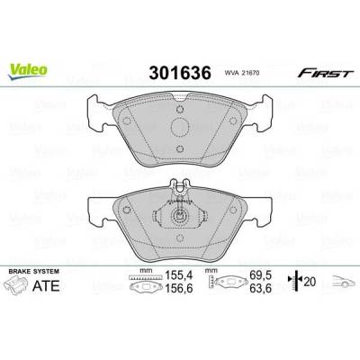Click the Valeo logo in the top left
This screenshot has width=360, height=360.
(x=28, y=71)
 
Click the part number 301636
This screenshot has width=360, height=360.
(x=180, y=73)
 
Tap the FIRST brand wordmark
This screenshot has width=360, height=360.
(x=325, y=73)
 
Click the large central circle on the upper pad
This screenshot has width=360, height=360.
(x=180, y=127)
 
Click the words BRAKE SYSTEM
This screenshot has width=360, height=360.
(x=34, y=272)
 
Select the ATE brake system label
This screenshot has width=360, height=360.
(x=46, y=286)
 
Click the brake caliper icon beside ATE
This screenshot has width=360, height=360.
(x=15, y=285)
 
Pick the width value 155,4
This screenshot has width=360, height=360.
(x=178, y=274)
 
